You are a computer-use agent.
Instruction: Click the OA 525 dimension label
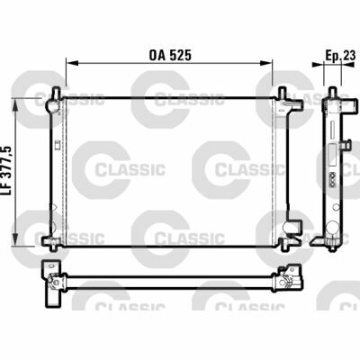tap(170, 55)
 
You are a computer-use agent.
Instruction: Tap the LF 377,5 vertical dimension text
tap(7, 171)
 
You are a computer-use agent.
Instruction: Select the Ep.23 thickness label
tap(340, 55)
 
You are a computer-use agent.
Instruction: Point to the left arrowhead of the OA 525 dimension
tap(72, 63)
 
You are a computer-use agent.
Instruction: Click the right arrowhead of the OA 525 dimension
tap(266, 63)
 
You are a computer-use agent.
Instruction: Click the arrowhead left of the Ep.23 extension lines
tap(318, 64)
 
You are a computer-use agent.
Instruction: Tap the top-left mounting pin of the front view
tap(56, 92)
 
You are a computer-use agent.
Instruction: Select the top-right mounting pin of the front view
tap(282, 92)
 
